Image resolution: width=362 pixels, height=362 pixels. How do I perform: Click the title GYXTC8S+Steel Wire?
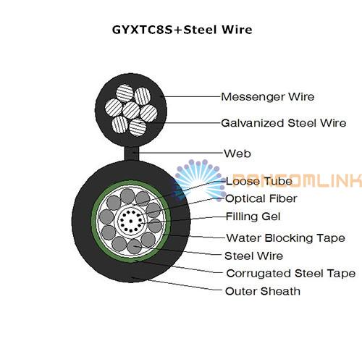(x=182, y=30)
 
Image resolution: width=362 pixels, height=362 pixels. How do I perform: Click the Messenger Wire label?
(x=268, y=97)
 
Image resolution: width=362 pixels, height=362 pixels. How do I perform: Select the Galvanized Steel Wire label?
(x=284, y=123)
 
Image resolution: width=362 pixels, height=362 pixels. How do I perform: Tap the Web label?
(x=237, y=153)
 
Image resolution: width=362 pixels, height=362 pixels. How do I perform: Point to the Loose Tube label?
(x=259, y=181)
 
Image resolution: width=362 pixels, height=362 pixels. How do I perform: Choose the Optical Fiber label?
(x=261, y=199)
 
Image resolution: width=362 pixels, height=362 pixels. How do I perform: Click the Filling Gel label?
(x=253, y=216)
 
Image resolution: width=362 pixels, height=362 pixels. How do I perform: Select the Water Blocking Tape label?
(x=286, y=238)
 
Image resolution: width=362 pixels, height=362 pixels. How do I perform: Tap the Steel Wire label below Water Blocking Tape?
(x=253, y=256)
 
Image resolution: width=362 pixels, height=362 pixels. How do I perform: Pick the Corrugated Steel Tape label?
(x=291, y=274)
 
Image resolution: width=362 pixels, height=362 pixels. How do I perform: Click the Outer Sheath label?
(x=263, y=291)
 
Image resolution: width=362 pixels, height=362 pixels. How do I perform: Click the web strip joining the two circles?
(x=132, y=153)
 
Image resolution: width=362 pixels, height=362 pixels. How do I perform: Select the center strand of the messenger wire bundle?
(x=131, y=110)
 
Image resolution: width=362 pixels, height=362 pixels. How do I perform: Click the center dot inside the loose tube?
(x=130, y=221)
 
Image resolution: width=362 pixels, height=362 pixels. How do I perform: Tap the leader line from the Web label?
(x=181, y=153)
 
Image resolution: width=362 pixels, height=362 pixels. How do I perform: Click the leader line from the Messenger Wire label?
(x=190, y=96)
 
